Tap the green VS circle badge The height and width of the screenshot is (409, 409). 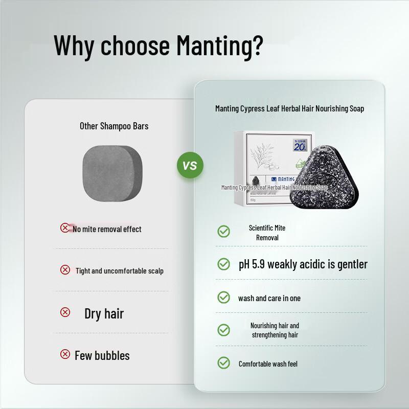point(190,166)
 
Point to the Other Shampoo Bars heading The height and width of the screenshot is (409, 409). point(114,125)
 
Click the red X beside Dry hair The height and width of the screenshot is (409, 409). point(65,312)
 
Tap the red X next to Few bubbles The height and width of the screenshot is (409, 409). point(65,354)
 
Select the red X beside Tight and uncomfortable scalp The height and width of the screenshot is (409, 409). point(65,269)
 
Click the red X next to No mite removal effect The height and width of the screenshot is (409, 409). point(65,228)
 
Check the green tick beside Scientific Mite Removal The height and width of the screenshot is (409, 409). point(223,232)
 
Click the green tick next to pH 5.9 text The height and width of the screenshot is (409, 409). point(223,264)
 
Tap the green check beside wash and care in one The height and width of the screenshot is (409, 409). point(223,297)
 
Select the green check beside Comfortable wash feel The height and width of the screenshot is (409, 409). point(223,363)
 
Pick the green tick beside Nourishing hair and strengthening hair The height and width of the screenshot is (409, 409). point(223,330)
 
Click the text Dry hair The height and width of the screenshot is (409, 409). point(104,313)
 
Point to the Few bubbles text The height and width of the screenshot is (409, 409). point(102,355)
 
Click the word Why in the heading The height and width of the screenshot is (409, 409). point(74,45)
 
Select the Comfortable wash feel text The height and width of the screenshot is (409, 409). point(268,364)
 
